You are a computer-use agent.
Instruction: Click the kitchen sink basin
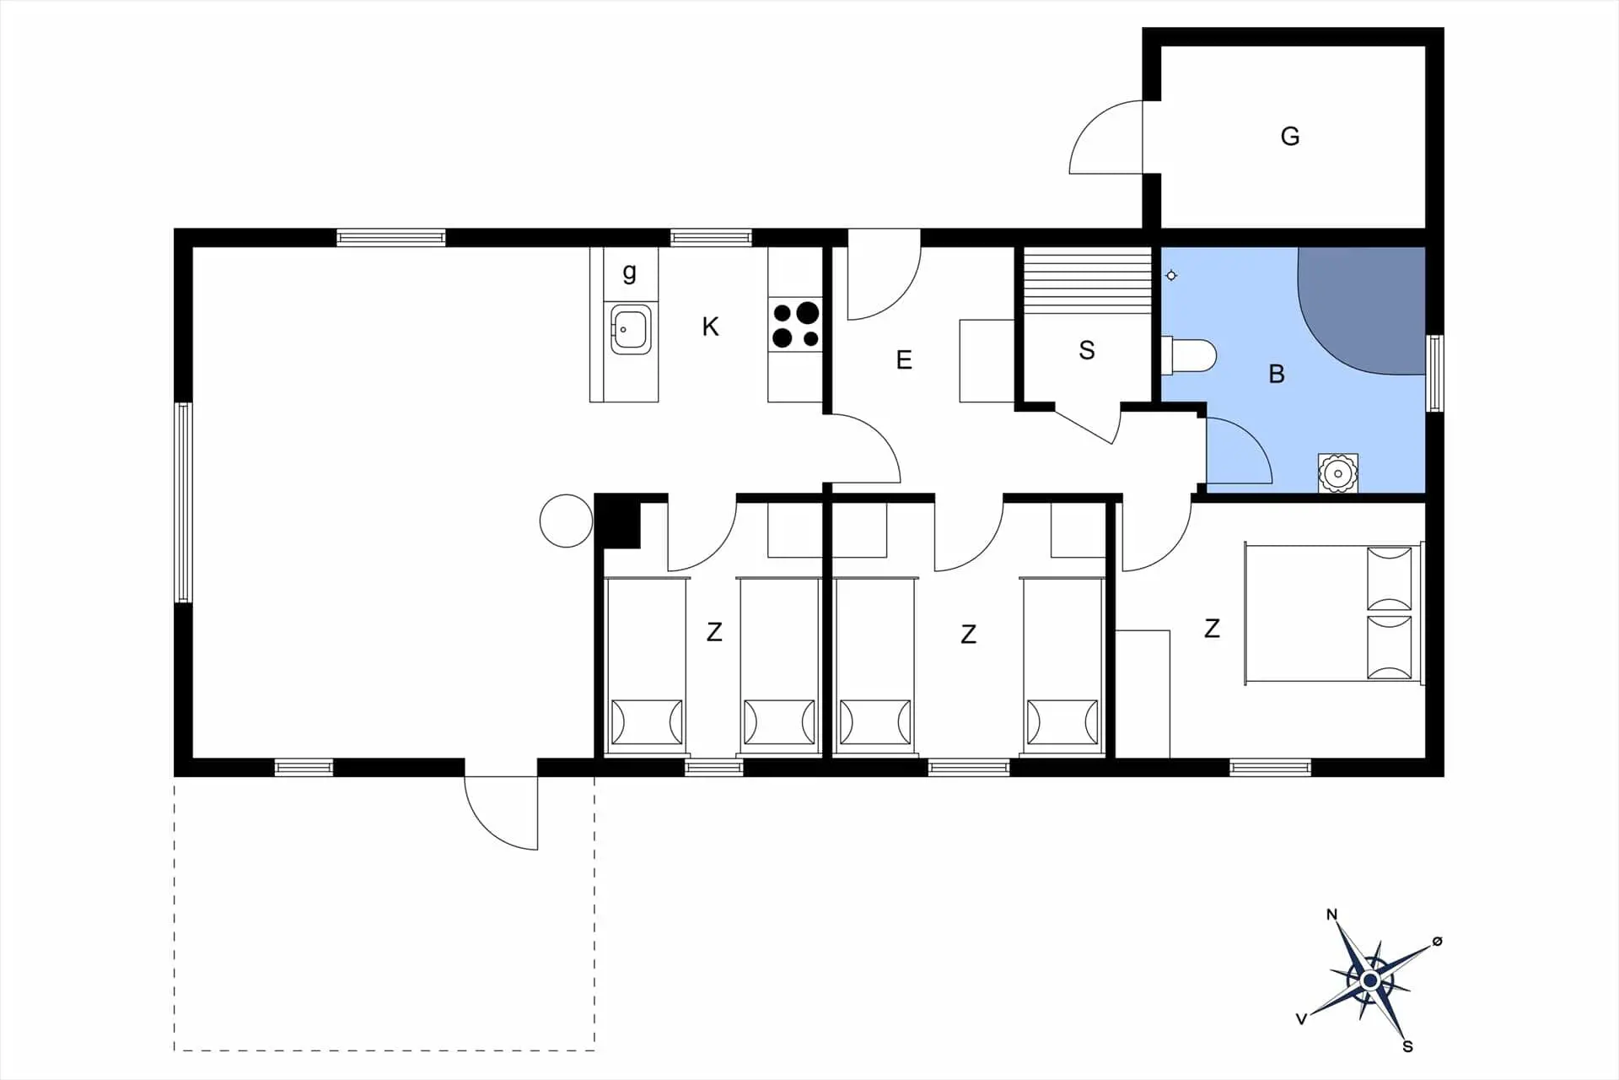(x=631, y=328)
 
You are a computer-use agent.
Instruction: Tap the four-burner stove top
(x=795, y=325)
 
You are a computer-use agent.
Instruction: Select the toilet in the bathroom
(x=1189, y=355)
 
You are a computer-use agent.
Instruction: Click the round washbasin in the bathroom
(x=1337, y=472)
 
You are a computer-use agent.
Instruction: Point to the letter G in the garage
(x=1289, y=136)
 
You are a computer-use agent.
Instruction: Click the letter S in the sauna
(x=1086, y=350)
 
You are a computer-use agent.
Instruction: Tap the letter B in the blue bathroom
(x=1277, y=374)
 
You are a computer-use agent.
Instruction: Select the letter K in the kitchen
(x=710, y=327)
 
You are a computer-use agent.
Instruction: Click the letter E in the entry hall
(x=904, y=360)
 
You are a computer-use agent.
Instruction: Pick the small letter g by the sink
(x=629, y=273)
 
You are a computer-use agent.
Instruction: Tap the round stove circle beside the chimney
(x=567, y=521)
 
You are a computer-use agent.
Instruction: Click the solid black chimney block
(x=617, y=520)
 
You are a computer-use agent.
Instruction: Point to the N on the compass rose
(x=1332, y=915)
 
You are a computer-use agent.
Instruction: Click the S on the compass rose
(x=1407, y=1046)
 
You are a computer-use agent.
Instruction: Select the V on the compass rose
(x=1301, y=1019)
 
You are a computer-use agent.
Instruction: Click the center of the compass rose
(x=1369, y=980)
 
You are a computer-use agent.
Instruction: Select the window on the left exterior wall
(x=183, y=502)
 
